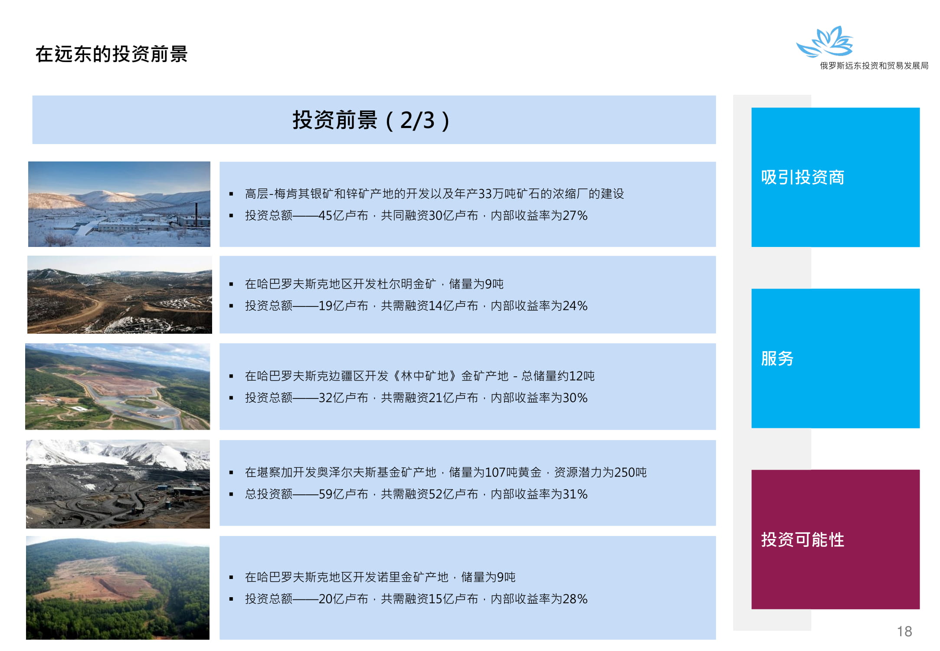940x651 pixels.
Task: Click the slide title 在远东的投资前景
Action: [111, 54]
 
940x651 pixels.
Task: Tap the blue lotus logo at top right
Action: [825, 42]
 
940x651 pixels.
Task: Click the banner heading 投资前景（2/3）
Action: [371, 120]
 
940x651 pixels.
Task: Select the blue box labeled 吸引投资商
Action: [835, 177]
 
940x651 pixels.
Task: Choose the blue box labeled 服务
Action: [835, 358]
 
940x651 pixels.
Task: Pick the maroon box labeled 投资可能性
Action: [835, 539]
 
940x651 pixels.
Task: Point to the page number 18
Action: [904, 631]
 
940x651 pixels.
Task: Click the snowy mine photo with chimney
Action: [119, 204]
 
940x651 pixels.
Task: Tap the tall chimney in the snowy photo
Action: [196, 214]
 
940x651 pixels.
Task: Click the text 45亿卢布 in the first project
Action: [343, 216]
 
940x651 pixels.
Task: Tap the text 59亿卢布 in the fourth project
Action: [343, 494]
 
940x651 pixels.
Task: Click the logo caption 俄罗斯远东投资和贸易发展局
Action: [874, 66]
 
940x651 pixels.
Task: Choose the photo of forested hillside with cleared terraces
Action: [118, 588]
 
